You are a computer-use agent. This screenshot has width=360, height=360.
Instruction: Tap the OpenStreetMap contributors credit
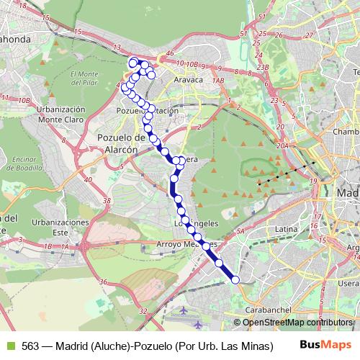(298, 323)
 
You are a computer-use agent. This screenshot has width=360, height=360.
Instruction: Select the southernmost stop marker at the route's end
(235, 279)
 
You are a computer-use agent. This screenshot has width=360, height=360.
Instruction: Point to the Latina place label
(287, 229)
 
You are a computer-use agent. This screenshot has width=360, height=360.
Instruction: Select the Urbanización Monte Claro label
(60, 114)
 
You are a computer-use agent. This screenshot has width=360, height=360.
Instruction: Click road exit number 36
(104, 282)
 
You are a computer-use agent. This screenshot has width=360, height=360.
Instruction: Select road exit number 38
(108, 199)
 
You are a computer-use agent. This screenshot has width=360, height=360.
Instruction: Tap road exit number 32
(143, 311)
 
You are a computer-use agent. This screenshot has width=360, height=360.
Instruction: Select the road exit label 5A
(241, 231)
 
